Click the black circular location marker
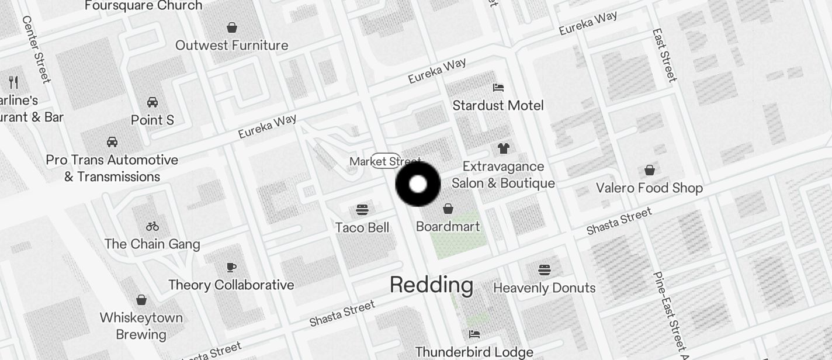[x=418, y=184]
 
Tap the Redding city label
[x=431, y=285]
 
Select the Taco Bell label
[x=362, y=227]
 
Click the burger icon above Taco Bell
[x=362, y=209]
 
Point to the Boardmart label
[x=448, y=226]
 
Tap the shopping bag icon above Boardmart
[x=448, y=209]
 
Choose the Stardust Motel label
[x=498, y=105]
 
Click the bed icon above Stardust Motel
[x=498, y=88]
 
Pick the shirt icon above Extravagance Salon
[x=504, y=148]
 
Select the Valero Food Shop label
[x=649, y=188]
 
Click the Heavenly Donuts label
[x=544, y=288]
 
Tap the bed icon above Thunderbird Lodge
[x=474, y=334]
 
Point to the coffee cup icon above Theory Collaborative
[x=231, y=267]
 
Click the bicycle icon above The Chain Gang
[x=152, y=226]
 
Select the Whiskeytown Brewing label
[x=141, y=326]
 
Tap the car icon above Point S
[x=152, y=102]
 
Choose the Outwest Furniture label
[x=231, y=45]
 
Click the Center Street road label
[x=36, y=49]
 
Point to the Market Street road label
[x=385, y=161]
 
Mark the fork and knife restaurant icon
[x=13, y=82]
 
